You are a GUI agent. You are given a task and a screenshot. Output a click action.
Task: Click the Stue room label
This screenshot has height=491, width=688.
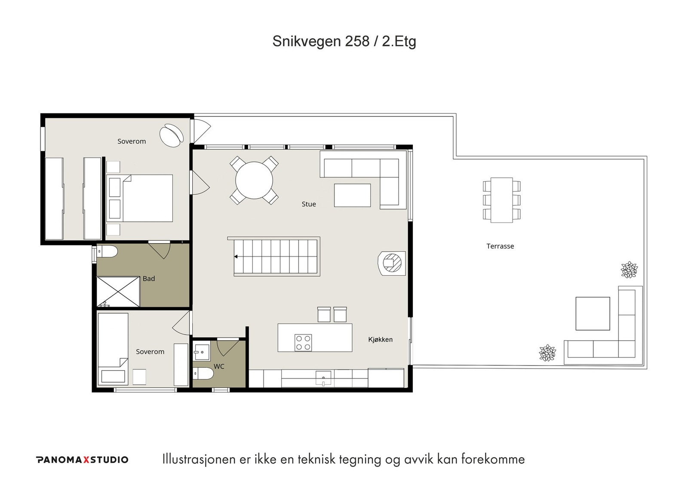[309, 204]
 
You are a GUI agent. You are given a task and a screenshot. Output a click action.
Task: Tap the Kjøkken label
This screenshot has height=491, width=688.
[380, 339]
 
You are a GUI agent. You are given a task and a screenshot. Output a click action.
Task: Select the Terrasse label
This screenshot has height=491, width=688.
[500, 246]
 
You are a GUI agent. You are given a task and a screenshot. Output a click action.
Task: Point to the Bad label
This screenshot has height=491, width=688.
[149, 279]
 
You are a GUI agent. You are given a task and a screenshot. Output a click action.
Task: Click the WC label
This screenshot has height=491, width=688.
[219, 366]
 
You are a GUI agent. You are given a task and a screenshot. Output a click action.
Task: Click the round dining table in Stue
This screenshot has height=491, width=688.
[254, 180]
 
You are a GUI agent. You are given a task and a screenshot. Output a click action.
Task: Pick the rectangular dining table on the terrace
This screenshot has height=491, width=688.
[501, 200]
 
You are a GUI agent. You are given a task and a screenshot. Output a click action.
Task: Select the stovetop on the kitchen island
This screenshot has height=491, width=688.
[303, 342]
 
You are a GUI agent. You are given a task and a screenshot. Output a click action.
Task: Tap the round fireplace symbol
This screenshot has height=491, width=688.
[392, 263]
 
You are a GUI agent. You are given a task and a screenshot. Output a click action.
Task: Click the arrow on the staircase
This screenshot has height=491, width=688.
[236, 256]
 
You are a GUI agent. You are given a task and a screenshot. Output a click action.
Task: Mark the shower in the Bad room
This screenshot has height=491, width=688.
[118, 292]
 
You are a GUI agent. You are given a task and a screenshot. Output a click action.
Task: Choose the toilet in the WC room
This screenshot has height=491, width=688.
[203, 373]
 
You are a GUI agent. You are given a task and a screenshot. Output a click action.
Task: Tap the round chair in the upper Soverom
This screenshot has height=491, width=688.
[172, 135]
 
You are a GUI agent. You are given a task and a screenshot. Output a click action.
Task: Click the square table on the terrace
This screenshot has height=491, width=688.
[593, 314]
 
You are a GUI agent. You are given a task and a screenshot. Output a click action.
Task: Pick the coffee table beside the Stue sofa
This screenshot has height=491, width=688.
[352, 195]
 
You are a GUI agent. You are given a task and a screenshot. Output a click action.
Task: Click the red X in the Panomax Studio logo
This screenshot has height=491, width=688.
[86, 460]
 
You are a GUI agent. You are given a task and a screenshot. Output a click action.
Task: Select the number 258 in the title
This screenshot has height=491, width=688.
[357, 41]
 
